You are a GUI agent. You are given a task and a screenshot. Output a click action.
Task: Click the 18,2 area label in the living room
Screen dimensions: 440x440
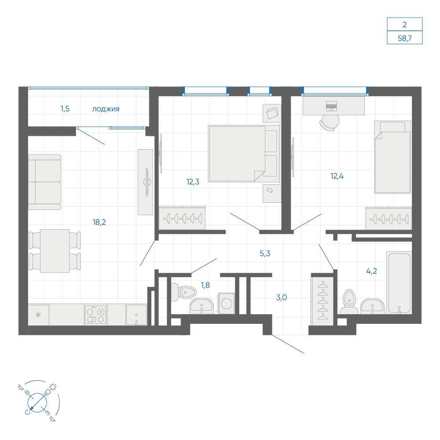99,222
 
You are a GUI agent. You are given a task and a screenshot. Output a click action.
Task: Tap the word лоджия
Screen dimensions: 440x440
106,109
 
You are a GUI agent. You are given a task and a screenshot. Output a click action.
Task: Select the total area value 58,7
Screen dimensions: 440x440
405,38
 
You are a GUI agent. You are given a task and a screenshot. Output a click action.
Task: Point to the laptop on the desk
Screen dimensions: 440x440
331,106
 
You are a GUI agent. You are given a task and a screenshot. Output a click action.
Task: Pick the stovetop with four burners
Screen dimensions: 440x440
95,315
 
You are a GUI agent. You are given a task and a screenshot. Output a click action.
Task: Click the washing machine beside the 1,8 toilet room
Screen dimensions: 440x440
227,303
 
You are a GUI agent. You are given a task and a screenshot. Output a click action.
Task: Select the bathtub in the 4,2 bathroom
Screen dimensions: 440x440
399,282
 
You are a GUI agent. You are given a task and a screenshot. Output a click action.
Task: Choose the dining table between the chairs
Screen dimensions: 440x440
55,251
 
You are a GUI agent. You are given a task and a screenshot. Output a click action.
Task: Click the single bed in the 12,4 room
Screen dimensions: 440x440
392,157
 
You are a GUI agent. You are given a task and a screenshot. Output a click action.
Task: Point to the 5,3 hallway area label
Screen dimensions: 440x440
265,254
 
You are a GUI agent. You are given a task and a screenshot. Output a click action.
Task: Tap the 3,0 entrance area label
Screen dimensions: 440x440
282,297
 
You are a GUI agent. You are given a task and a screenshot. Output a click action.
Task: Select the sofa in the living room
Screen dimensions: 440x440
44,182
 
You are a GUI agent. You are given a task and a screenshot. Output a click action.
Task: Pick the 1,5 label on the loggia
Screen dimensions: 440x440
65,109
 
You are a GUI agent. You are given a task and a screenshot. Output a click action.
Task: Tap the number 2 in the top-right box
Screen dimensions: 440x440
405,25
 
